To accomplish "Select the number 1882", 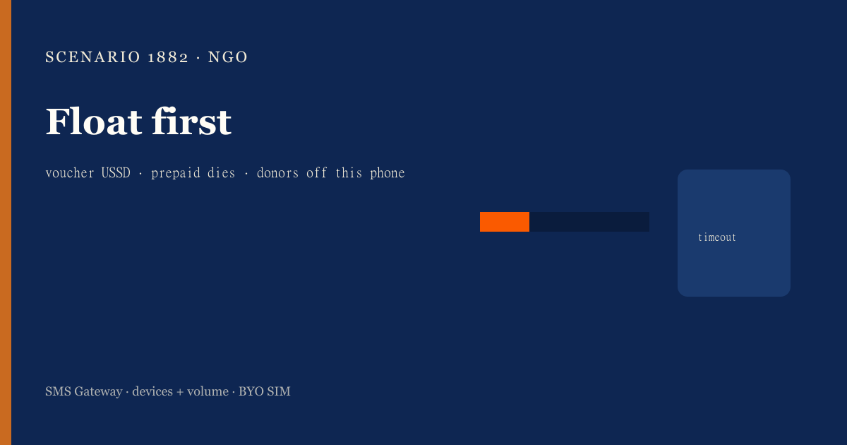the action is [168, 57].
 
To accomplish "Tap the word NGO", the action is [227, 57].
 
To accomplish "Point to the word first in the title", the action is [191, 121].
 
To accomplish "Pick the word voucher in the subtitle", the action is [70, 173].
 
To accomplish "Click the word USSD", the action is [116, 173].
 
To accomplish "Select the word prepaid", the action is [176, 173].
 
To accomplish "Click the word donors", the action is [277, 173].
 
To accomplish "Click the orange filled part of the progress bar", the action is [505, 222].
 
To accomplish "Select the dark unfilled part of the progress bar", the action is [589, 222].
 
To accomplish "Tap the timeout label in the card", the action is [717, 237].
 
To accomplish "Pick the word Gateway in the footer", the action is [98, 392].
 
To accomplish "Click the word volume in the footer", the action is [208, 391].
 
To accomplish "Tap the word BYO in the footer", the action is [251, 391].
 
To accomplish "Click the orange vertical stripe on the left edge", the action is [6, 222].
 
